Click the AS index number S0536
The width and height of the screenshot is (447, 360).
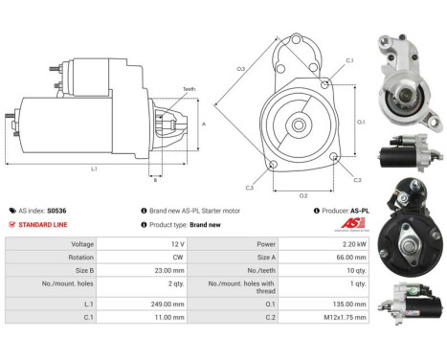coord(57,210)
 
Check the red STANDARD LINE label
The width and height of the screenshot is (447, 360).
coord(44,224)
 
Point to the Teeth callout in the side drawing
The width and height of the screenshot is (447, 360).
coord(189,89)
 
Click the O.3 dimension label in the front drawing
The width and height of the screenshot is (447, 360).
coord(242,69)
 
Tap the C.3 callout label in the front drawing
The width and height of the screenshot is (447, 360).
coord(250,187)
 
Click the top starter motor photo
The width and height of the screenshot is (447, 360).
coord(408,82)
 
